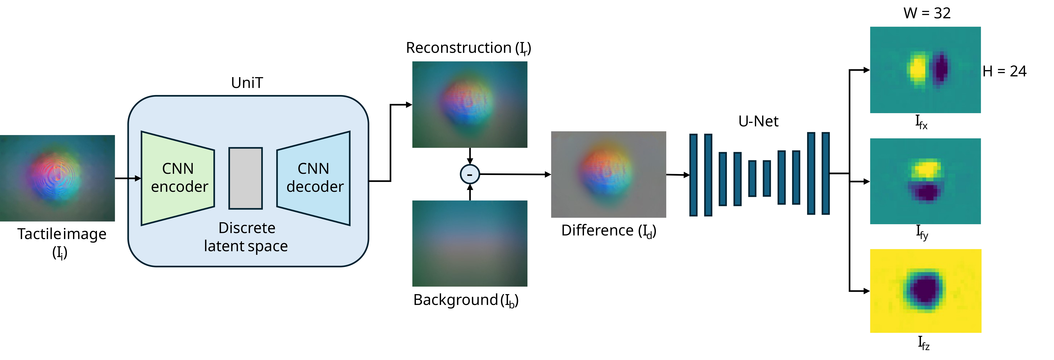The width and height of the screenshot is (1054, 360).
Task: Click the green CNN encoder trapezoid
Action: pos(178,178)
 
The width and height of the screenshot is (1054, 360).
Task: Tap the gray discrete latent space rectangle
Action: pos(245,178)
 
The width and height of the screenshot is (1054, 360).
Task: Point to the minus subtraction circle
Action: pos(470,174)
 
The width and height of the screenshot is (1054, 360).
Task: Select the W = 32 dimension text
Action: pos(927,13)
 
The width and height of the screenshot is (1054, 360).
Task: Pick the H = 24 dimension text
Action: pos(1004,71)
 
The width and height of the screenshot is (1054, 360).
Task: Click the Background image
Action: pos(470,243)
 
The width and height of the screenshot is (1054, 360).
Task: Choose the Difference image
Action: pos(608,174)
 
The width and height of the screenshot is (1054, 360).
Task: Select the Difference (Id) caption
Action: pos(609,231)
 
